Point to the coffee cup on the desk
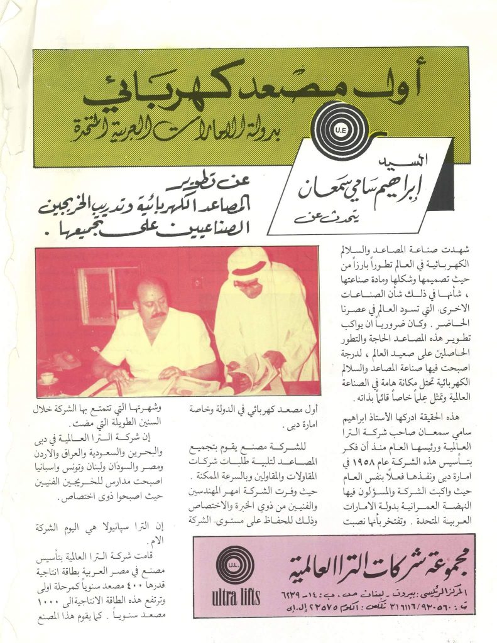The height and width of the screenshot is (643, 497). (x=48, y=378)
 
